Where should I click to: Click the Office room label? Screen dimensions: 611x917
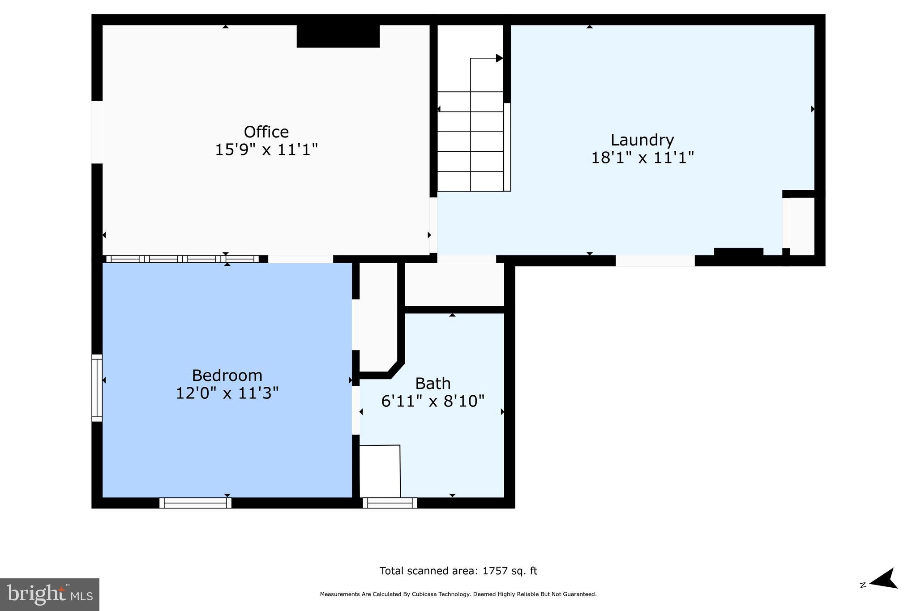click(266, 132)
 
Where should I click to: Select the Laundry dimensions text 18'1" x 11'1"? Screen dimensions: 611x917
click(642, 158)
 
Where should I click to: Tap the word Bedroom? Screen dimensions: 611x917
click(227, 375)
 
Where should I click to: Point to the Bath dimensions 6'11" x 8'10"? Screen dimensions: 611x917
click(433, 401)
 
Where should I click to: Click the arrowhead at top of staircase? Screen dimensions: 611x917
click(499, 58)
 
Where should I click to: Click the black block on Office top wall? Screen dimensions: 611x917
click(338, 36)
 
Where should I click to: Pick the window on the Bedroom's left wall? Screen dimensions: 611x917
click(97, 388)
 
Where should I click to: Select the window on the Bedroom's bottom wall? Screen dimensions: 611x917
click(195, 503)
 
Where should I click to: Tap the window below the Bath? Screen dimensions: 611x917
click(390, 503)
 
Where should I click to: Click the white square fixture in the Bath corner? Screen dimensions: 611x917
click(380, 471)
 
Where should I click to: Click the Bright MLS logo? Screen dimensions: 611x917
click(49, 594)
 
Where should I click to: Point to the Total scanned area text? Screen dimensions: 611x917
click(458, 571)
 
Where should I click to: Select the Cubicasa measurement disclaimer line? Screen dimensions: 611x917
click(458, 594)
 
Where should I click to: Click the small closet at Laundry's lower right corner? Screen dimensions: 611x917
click(802, 226)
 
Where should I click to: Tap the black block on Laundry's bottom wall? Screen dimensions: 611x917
click(738, 252)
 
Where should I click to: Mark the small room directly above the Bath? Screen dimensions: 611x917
click(454, 284)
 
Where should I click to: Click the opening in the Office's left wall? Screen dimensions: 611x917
click(97, 132)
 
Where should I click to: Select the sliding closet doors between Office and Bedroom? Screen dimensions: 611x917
click(182, 259)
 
